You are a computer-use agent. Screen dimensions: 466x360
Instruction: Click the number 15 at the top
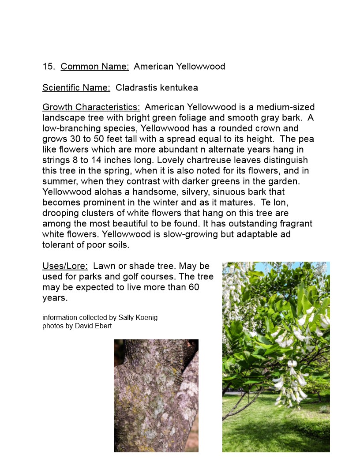click(x=48, y=67)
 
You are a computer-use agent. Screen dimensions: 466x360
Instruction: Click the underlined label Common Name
click(x=95, y=67)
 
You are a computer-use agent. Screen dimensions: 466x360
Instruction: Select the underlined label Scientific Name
click(x=76, y=88)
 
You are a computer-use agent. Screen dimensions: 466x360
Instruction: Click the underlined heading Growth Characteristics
click(x=91, y=107)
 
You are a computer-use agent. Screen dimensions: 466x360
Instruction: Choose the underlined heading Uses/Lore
click(x=65, y=266)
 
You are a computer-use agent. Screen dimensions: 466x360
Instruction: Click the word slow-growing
click(x=180, y=234)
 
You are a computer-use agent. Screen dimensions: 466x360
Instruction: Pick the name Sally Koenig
click(x=138, y=318)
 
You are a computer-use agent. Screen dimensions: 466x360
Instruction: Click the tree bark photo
click(x=156, y=395)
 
